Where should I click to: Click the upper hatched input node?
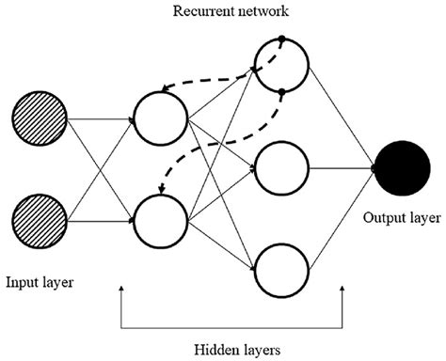(39, 120)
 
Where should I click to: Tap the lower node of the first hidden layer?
(161, 218)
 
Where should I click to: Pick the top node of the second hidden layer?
(281, 66)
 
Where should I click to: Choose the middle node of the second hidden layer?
(281, 170)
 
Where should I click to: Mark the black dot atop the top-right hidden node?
(281, 40)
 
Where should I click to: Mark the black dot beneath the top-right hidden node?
(281, 91)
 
